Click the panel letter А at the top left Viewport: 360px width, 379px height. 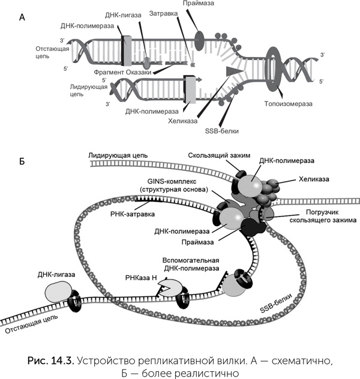pos(22,18)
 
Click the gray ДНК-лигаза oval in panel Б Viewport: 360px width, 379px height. pos(59,293)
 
